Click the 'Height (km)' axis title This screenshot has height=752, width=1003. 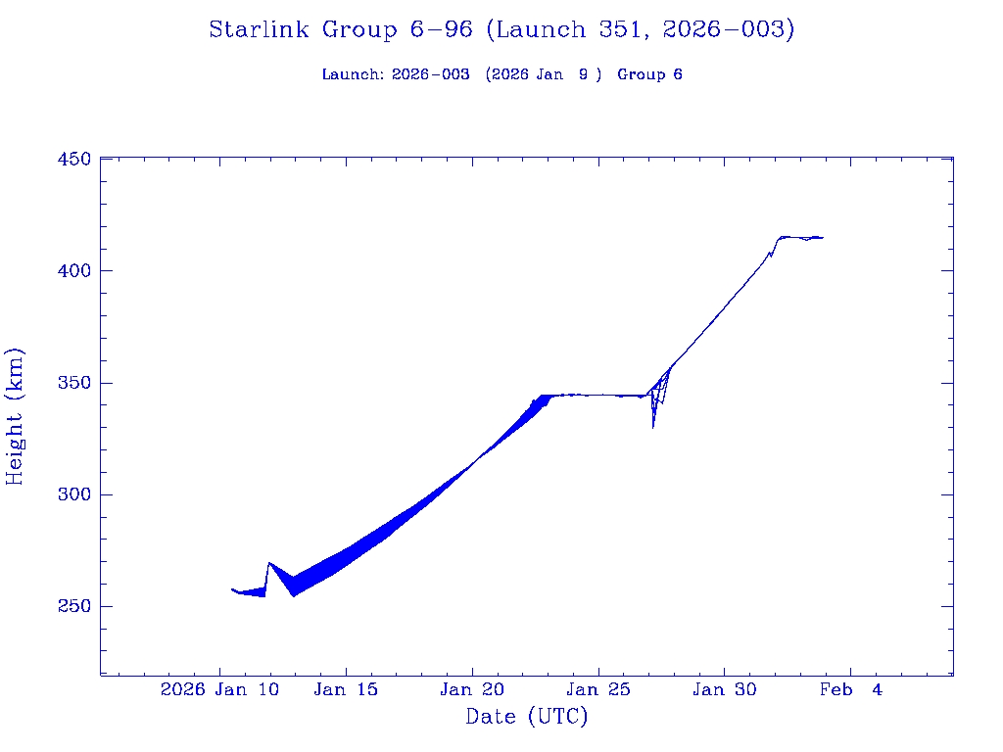16,416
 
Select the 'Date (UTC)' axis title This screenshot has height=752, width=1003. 527,717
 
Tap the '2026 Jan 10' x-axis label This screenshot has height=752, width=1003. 220,690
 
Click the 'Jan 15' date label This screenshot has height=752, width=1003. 345,690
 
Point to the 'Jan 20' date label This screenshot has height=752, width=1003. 471,690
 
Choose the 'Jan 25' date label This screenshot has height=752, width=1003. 597,690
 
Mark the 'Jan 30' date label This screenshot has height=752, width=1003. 724,690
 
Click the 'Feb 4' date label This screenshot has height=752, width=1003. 850,690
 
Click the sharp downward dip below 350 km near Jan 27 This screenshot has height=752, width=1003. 653,425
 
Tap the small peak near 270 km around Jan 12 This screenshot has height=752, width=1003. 269,563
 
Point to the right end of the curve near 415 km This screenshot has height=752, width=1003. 822,237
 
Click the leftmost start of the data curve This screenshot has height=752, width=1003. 232,589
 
